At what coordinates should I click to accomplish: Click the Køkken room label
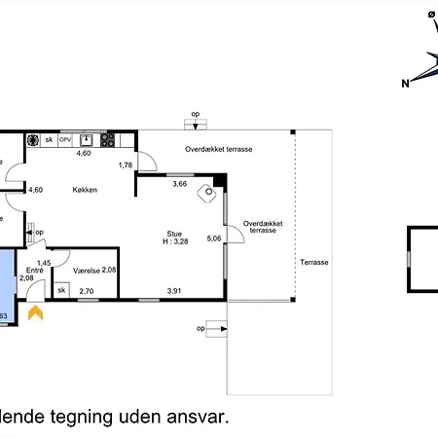[x=84, y=190]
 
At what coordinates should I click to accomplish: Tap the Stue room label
[x=174, y=234]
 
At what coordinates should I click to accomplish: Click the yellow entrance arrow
[x=36, y=312]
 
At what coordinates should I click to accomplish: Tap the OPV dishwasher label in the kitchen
[x=66, y=140]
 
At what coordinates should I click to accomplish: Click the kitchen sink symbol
[x=87, y=139]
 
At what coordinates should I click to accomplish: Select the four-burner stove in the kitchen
[x=32, y=139]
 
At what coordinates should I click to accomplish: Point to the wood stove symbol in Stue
[x=206, y=194]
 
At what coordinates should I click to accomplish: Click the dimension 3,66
[x=179, y=183]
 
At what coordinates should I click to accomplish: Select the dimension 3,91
[x=174, y=291]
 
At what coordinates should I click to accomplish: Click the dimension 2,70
[x=86, y=291]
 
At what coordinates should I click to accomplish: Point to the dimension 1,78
[x=125, y=165]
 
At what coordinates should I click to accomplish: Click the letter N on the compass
[x=406, y=84]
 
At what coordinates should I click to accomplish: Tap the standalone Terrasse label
[x=314, y=263]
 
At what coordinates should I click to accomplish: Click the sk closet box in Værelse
[x=61, y=289]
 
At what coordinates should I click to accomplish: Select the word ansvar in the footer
[x=200, y=417]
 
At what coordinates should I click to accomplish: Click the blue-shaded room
[x=7, y=282]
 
